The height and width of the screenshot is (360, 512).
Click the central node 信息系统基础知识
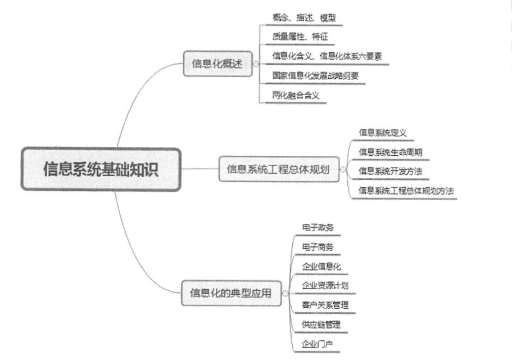pos(101,169)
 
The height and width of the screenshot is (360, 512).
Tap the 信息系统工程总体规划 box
pos(279,169)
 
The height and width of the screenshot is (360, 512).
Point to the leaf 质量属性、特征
pos(295,38)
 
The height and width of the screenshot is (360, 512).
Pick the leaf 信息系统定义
pos(382,133)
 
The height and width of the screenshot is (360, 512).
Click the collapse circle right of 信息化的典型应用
pos(285,293)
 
